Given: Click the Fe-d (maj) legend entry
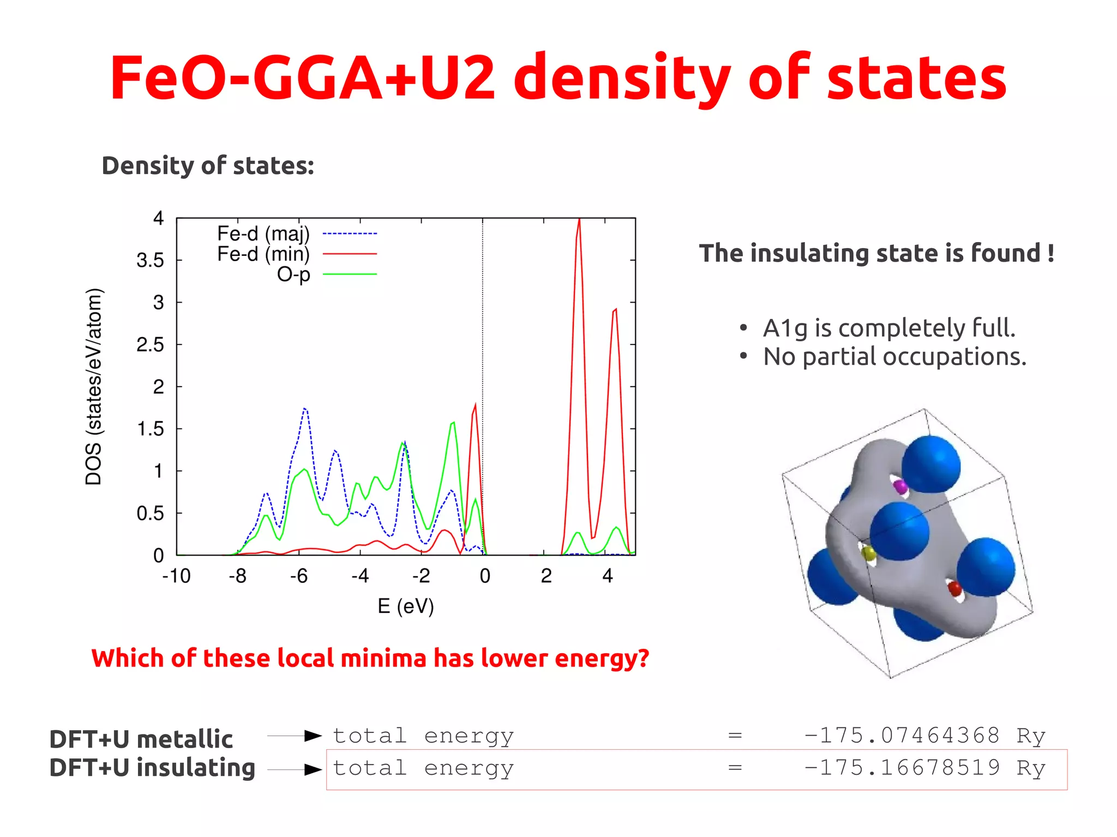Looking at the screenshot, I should coord(263,234).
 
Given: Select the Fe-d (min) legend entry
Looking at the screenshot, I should coord(263,254).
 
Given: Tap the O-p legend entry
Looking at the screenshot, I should coord(293,274).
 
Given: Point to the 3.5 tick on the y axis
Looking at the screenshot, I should coord(150,261).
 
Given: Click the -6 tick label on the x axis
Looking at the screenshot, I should coord(299,576).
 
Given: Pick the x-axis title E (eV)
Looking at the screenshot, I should coord(406,606).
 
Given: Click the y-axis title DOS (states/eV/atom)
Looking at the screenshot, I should coord(94,387).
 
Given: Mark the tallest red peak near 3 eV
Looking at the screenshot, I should coord(579,221).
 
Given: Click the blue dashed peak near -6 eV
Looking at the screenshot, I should coord(305,409).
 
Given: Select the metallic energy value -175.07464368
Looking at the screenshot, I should coord(902,736).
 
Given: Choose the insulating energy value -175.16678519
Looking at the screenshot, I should coord(902,768).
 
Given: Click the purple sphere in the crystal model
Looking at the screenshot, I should coord(900,486).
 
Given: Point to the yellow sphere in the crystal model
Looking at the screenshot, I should coord(869,554).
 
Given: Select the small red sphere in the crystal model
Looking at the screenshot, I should coord(955,588).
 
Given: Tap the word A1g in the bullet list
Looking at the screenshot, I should coord(785,328).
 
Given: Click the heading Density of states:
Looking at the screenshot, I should coord(208,166).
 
